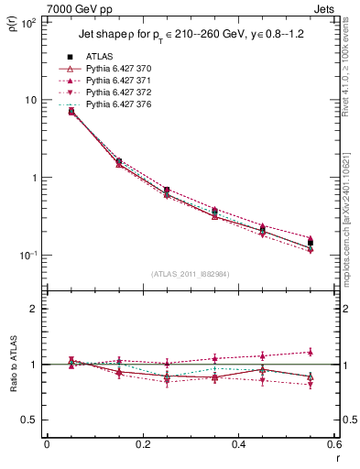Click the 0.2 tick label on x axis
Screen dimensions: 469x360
click(x=142, y=444)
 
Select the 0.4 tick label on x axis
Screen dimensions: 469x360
click(x=238, y=444)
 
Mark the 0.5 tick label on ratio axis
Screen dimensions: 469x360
click(x=30, y=420)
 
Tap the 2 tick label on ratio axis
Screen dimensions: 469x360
click(x=34, y=309)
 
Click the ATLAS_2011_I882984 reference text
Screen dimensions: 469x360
click(x=191, y=274)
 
